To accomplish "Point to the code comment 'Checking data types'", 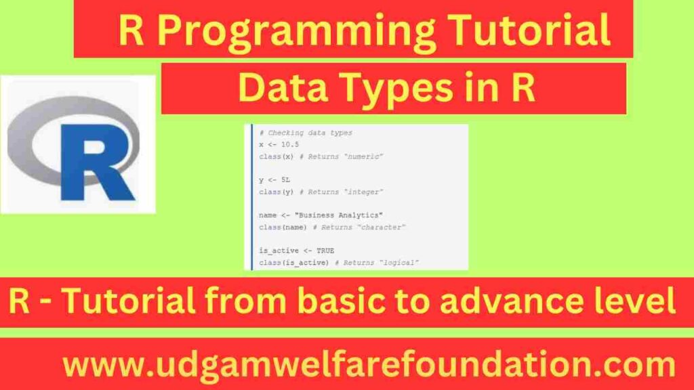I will pyautogui.click(x=308, y=133).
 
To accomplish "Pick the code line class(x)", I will pyautogui.click(x=274, y=156).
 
